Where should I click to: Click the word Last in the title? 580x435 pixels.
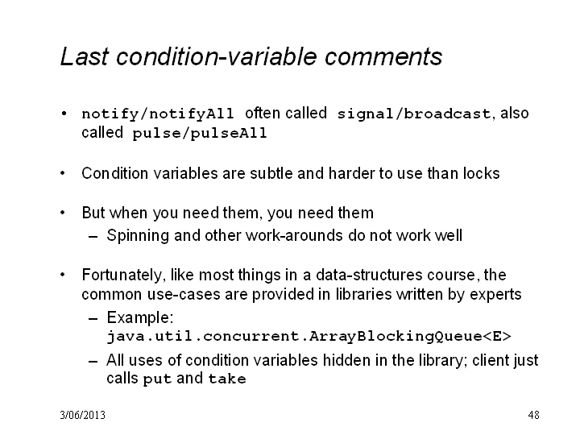(x=85, y=56)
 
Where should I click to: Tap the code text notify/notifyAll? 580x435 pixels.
(x=158, y=114)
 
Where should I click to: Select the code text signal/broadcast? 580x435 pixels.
(x=414, y=114)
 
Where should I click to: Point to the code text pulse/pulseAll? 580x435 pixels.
(x=200, y=133)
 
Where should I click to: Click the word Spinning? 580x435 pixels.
(x=138, y=235)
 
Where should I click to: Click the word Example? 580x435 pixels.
(x=140, y=317)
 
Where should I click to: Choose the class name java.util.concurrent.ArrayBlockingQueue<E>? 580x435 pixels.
(x=309, y=336)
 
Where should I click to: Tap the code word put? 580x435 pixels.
(x=157, y=379)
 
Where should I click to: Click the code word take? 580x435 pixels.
(x=227, y=379)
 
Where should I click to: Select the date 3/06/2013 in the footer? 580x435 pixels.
(x=82, y=415)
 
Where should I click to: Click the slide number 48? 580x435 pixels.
(x=533, y=415)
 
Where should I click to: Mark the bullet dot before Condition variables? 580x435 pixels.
(x=63, y=172)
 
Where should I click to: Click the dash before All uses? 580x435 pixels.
(x=93, y=361)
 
